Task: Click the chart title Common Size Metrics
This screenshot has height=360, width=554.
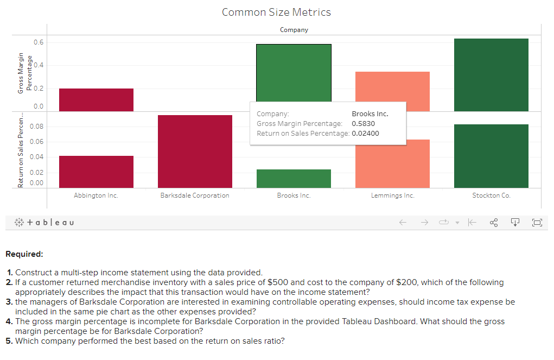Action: pos(276,12)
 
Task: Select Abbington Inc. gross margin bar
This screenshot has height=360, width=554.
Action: pos(96,100)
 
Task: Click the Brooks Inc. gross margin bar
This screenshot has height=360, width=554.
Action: pos(294,73)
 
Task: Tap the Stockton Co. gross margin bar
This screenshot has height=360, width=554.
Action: pos(491,75)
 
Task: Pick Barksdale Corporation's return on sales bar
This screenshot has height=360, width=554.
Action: pos(195,151)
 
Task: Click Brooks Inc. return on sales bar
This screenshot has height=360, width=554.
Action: pos(294,179)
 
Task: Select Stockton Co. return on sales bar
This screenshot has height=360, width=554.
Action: pos(491,156)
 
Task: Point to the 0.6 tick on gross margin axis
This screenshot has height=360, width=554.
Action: pos(39,42)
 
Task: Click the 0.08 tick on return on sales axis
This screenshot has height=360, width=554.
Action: pos(36,127)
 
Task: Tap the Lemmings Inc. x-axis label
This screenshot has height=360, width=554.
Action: pos(392,195)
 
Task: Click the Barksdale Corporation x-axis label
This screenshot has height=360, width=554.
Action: pos(195,195)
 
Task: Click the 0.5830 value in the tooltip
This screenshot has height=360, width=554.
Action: pos(363,124)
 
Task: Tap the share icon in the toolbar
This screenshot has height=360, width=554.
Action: pos(494,223)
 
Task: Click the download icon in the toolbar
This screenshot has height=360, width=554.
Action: pos(515,223)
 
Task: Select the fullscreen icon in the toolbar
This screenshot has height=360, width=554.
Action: pos(537,223)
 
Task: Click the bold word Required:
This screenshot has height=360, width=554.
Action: pos(24,254)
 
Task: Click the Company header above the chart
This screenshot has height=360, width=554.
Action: pos(294,30)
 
